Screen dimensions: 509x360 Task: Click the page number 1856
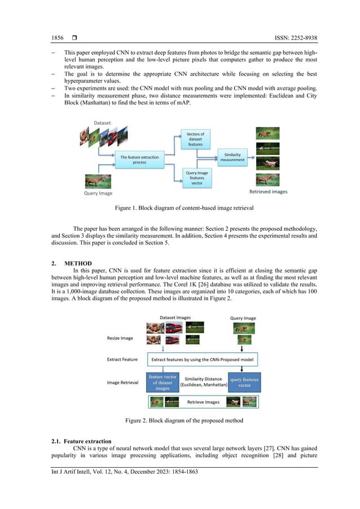click(x=58, y=38)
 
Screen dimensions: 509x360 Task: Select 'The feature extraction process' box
click(x=140, y=160)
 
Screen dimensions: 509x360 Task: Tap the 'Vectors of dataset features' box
click(x=195, y=139)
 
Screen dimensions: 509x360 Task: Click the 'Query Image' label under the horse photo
click(x=98, y=193)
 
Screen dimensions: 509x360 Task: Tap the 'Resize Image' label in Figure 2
click(x=120, y=338)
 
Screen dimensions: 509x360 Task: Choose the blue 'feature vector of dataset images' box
click(x=163, y=382)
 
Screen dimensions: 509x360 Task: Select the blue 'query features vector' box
click(x=244, y=383)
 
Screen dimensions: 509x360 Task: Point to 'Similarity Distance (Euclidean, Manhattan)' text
click(x=204, y=382)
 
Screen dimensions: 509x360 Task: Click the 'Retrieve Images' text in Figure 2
click(x=203, y=402)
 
